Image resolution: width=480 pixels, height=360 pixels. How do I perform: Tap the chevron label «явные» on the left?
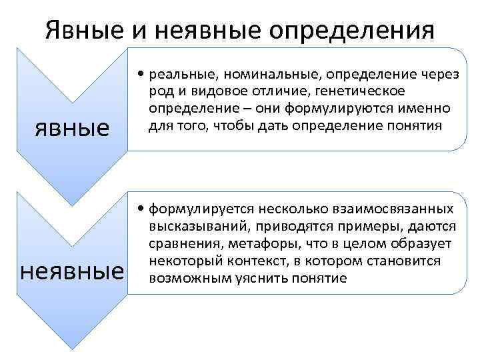pyautogui.click(x=72, y=127)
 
